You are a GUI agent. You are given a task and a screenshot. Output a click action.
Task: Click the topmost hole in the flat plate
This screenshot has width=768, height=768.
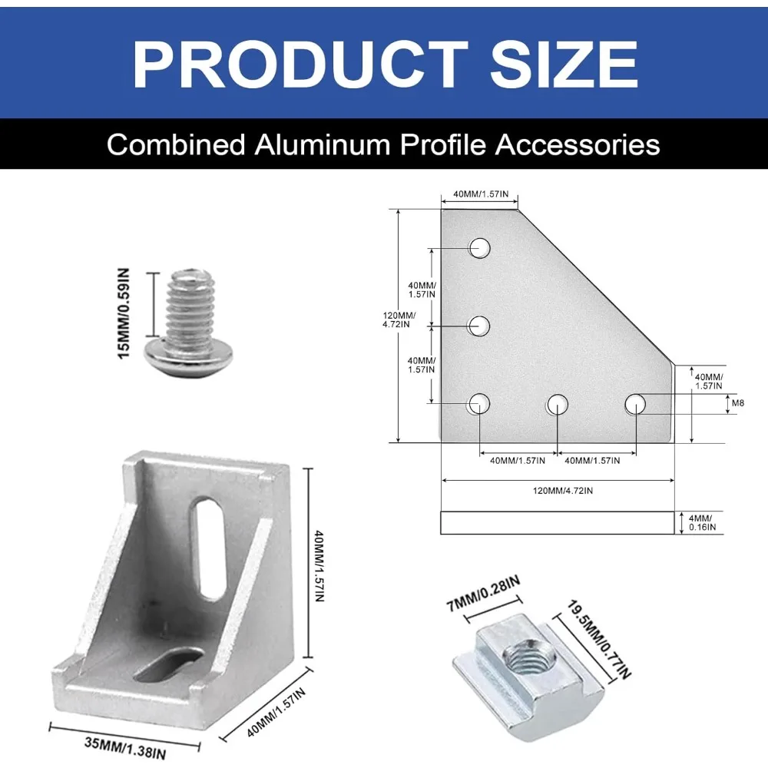[480, 248]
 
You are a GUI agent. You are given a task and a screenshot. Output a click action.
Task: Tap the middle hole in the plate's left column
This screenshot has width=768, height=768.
[480, 326]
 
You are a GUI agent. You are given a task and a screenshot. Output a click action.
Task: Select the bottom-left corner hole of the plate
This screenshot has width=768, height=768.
[480, 403]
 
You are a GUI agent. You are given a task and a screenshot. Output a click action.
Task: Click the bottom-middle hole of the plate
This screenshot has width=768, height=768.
[558, 403]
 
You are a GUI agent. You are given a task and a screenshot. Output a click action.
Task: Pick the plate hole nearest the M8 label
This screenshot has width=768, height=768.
[635, 403]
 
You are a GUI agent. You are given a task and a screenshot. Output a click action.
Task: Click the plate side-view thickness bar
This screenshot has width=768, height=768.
[557, 522]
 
